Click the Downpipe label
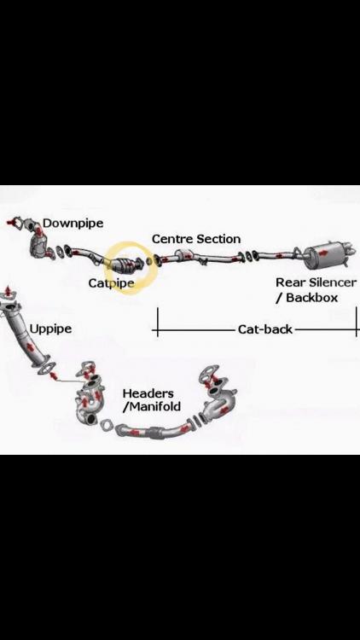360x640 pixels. click(73, 224)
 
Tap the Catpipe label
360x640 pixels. click(112, 283)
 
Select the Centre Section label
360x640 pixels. click(196, 239)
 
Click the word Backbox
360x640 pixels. click(312, 298)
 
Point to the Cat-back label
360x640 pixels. click(265, 329)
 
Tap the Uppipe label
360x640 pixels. click(50, 329)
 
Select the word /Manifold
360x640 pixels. click(152, 406)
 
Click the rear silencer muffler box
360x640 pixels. click(323, 257)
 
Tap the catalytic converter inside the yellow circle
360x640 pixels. click(129, 265)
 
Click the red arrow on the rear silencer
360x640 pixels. click(322, 253)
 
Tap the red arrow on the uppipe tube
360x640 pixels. click(30, 346)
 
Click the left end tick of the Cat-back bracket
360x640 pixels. click(158, 322)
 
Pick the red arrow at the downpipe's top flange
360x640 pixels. click(10, 223)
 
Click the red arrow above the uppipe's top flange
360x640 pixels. click(8, 292)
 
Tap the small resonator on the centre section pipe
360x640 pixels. click(183, 255)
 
